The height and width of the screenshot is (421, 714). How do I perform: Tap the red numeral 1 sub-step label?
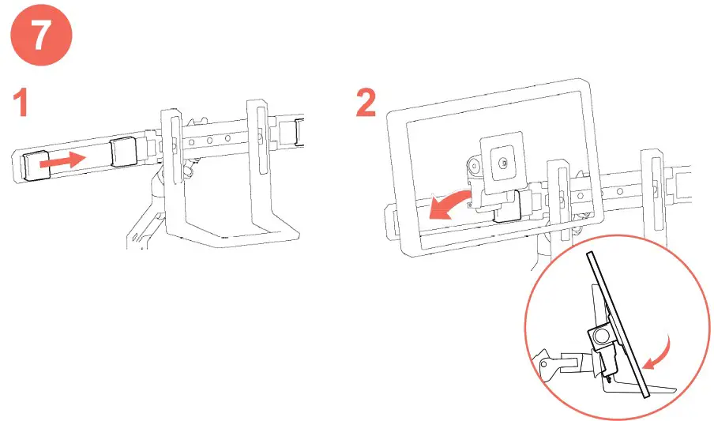pos(21,104)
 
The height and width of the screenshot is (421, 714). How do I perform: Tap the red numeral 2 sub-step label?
pos(366,103)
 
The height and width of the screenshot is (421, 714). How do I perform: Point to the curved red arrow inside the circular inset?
pos(656,352)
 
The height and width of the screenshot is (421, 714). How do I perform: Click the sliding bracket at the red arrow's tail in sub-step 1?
pos(36,164)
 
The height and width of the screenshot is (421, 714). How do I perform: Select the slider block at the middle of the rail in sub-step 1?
pos(125,152)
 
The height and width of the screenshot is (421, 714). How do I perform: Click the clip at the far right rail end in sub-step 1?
pos(300,131)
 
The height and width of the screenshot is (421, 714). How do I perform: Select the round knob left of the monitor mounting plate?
pos(474,167)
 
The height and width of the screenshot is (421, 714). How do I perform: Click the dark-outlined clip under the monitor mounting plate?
pos(505,207)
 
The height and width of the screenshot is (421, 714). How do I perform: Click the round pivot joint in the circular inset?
pos(601,335)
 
